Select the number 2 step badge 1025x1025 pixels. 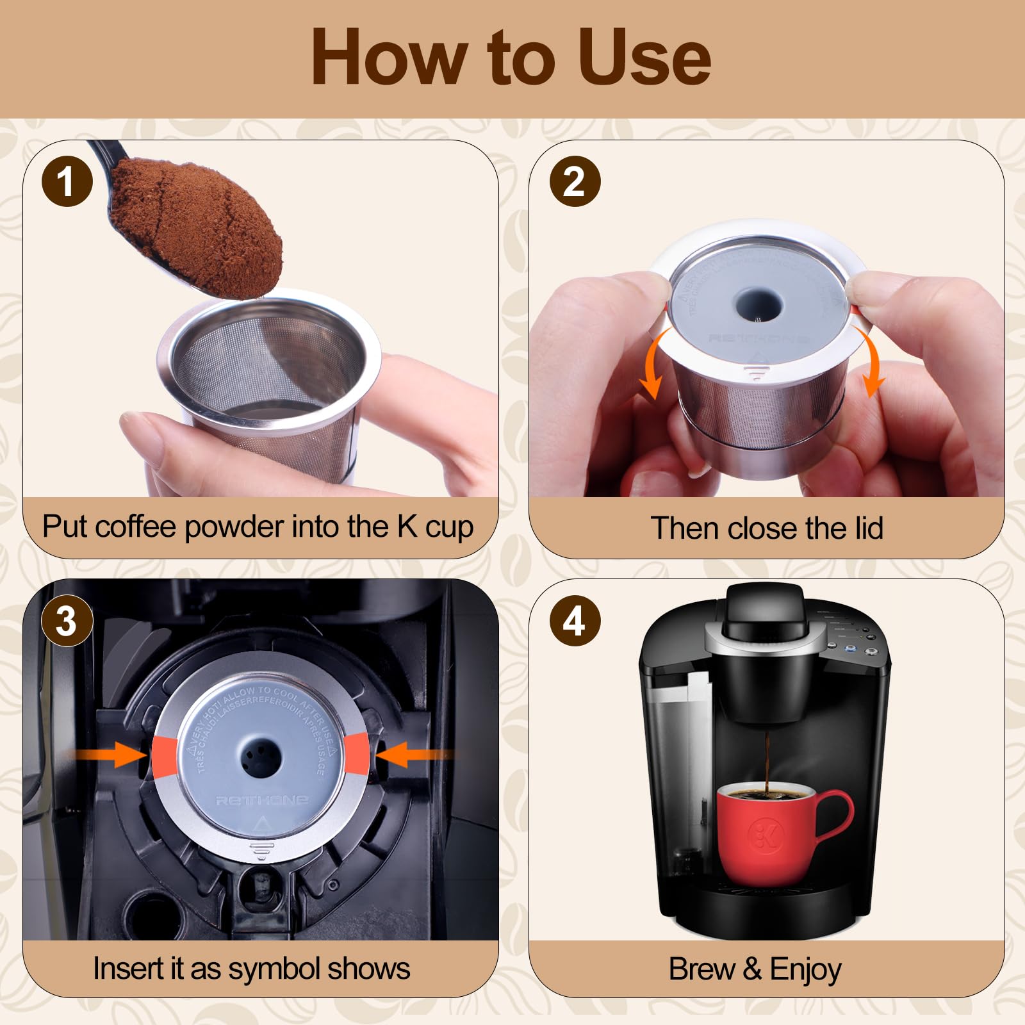575,181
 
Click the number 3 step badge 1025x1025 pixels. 67,621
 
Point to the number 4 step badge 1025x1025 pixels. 575,621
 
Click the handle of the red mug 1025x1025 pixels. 833,817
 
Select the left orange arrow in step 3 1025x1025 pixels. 109,755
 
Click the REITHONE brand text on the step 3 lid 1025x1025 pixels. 261,800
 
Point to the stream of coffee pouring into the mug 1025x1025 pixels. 767,762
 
